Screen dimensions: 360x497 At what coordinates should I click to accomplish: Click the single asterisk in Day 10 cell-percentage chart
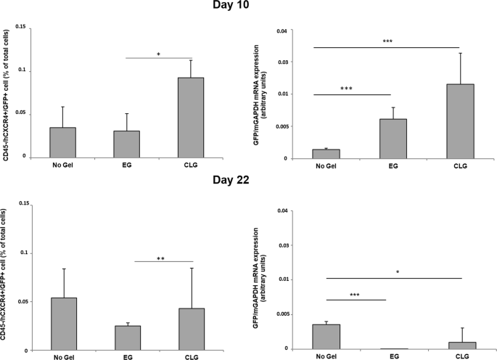(x=159, y=54)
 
